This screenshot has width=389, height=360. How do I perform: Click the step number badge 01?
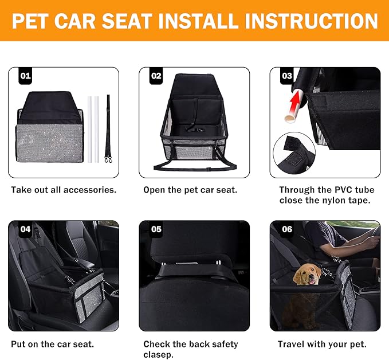click(x=25, y=76)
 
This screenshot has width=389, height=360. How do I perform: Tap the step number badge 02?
click(x=156, y=76)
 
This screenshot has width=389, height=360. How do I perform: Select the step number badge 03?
click(x=287, y=76)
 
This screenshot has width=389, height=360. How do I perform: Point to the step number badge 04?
click(x=25, y=229)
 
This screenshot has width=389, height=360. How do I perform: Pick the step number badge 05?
click(x=156, y=229)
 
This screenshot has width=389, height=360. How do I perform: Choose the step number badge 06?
click(x=287, y=229)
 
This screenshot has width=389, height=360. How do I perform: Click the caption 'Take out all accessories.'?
click(x=63, y=190)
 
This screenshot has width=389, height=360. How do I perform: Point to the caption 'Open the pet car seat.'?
click(x=190, y=190)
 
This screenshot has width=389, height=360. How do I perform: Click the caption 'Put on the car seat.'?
click(x=52, y=345)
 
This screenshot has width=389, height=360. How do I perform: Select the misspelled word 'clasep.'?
click(x=159, y=355)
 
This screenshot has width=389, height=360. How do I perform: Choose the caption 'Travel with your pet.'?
click(x=322, y=345)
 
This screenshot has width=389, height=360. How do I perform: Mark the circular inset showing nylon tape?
click(x=293, y=155)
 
